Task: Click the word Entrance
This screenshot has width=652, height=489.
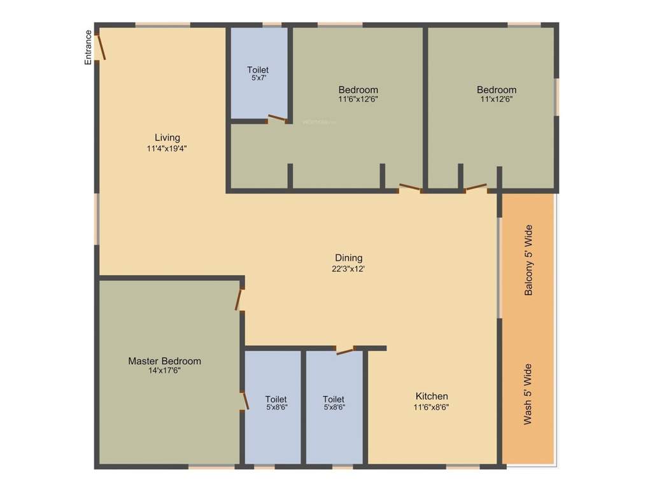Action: click(x=89, y=47)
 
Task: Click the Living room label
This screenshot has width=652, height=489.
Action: click(x=167, y=138)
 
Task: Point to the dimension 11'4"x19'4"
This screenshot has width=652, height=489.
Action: click(x=166, y=149)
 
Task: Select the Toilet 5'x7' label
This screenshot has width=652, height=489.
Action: click(x=258, y=69)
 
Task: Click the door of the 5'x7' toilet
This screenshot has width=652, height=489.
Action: click(x=278, y=118)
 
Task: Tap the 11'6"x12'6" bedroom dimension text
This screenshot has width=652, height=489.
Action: click(x=358, y=99)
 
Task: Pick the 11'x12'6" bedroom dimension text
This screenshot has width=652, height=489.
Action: click(x=497, y=99)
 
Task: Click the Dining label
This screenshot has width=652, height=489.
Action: click(x=349, y=258)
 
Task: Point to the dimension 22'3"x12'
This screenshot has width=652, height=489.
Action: click(x=349, y=269)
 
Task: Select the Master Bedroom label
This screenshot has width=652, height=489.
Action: click(x=164, y=361)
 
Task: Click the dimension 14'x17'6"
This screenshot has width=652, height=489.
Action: click(x=164, y=371)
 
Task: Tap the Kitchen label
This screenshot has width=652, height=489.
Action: click(x=432, y=396)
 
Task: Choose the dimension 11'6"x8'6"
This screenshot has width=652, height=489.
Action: click(x=432, y=407)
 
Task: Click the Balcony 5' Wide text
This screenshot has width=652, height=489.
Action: click(x=528, y=260)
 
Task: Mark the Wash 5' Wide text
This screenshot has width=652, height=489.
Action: click(x=528, y=394)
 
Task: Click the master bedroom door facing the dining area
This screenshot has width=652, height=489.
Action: click(x=240, y=299)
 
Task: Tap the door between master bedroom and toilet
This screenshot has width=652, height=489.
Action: click(x=244, y=400)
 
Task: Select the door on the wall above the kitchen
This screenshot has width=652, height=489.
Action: click(x=344, y=350)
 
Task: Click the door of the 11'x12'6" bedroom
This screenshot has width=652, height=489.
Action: click(x=476, y=188)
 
